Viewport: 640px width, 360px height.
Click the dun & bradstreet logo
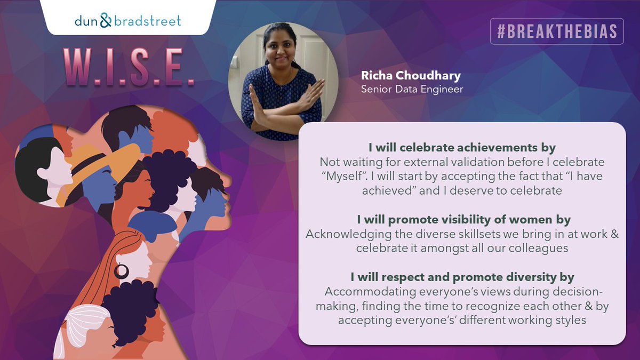point(128,21)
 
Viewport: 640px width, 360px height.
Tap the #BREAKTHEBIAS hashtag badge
point(557,32)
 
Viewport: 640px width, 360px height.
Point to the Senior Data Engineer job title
point(412,89)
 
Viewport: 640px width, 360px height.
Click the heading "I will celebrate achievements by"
point(462,147)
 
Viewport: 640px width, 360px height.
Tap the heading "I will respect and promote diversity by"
point(462,277)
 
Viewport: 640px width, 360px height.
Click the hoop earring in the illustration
point(122,271)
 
